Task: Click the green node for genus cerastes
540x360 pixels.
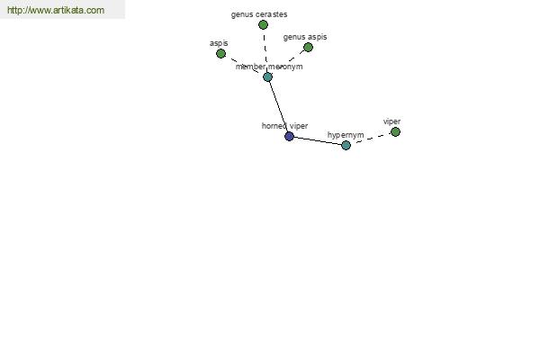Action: (263, 25)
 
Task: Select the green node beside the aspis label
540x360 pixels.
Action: (220, 53)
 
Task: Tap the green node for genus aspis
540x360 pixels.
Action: (308, 47)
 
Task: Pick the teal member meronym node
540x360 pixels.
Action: (267, 76)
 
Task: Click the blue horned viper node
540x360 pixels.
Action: (289, 137)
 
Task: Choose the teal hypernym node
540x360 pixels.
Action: (346, 146)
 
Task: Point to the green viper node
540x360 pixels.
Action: (395, 132)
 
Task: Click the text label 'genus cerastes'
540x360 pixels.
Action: (259, 14)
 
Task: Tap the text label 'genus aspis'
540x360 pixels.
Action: (305, 37)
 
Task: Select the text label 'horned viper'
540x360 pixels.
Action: (284, 126)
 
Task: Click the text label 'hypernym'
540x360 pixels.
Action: (346, 135)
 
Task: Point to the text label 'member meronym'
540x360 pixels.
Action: (269, 67)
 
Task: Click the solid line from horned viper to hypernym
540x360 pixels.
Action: (318, 141)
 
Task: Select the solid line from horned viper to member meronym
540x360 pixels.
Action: (278, 107)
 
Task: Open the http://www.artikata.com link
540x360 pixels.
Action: (56, 10)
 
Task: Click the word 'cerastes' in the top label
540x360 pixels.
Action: (272, 14)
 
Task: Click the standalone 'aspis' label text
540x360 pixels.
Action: (219, 43)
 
